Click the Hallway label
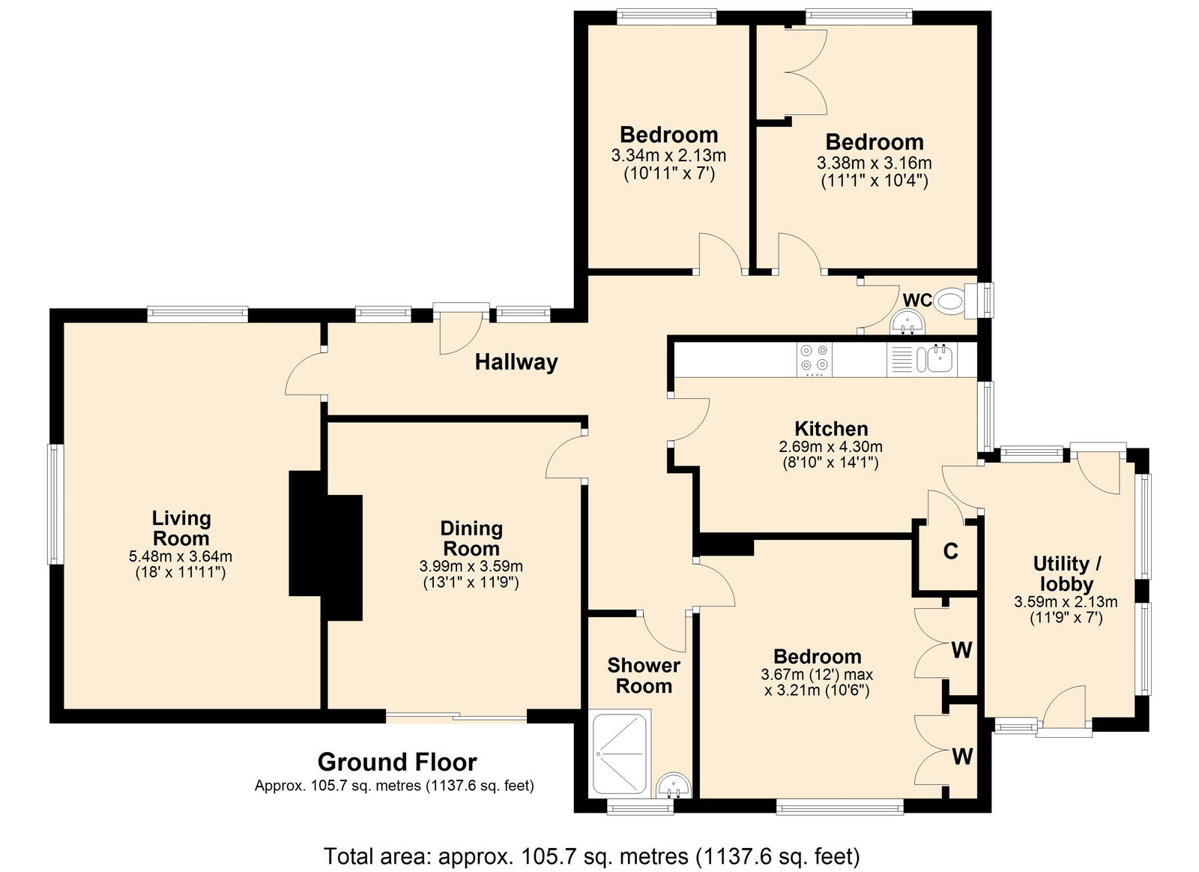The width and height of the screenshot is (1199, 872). coord(516,362)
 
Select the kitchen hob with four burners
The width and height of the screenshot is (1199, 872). coord(815,358)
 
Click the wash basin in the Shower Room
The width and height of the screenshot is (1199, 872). coord(674,785)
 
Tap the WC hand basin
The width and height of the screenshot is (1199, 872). coord(907,323)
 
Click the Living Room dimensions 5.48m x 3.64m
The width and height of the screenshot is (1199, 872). coord(181,556)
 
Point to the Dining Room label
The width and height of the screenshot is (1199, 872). coord(471,538)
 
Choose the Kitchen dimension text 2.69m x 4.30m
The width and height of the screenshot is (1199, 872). coord(830,446)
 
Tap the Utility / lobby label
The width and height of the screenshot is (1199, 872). coord(1067,573)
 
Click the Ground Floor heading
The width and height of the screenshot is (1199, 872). coord(396,762)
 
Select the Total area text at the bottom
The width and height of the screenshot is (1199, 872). coord(591,856)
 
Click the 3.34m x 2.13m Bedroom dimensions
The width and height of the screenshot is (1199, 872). coord(668,156)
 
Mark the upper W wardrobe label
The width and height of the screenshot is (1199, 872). coord(962,651)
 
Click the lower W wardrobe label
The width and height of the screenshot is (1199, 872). coord(962,757)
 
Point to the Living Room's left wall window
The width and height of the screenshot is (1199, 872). coord(55,504)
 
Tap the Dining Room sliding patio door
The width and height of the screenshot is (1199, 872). coord(456,717)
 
